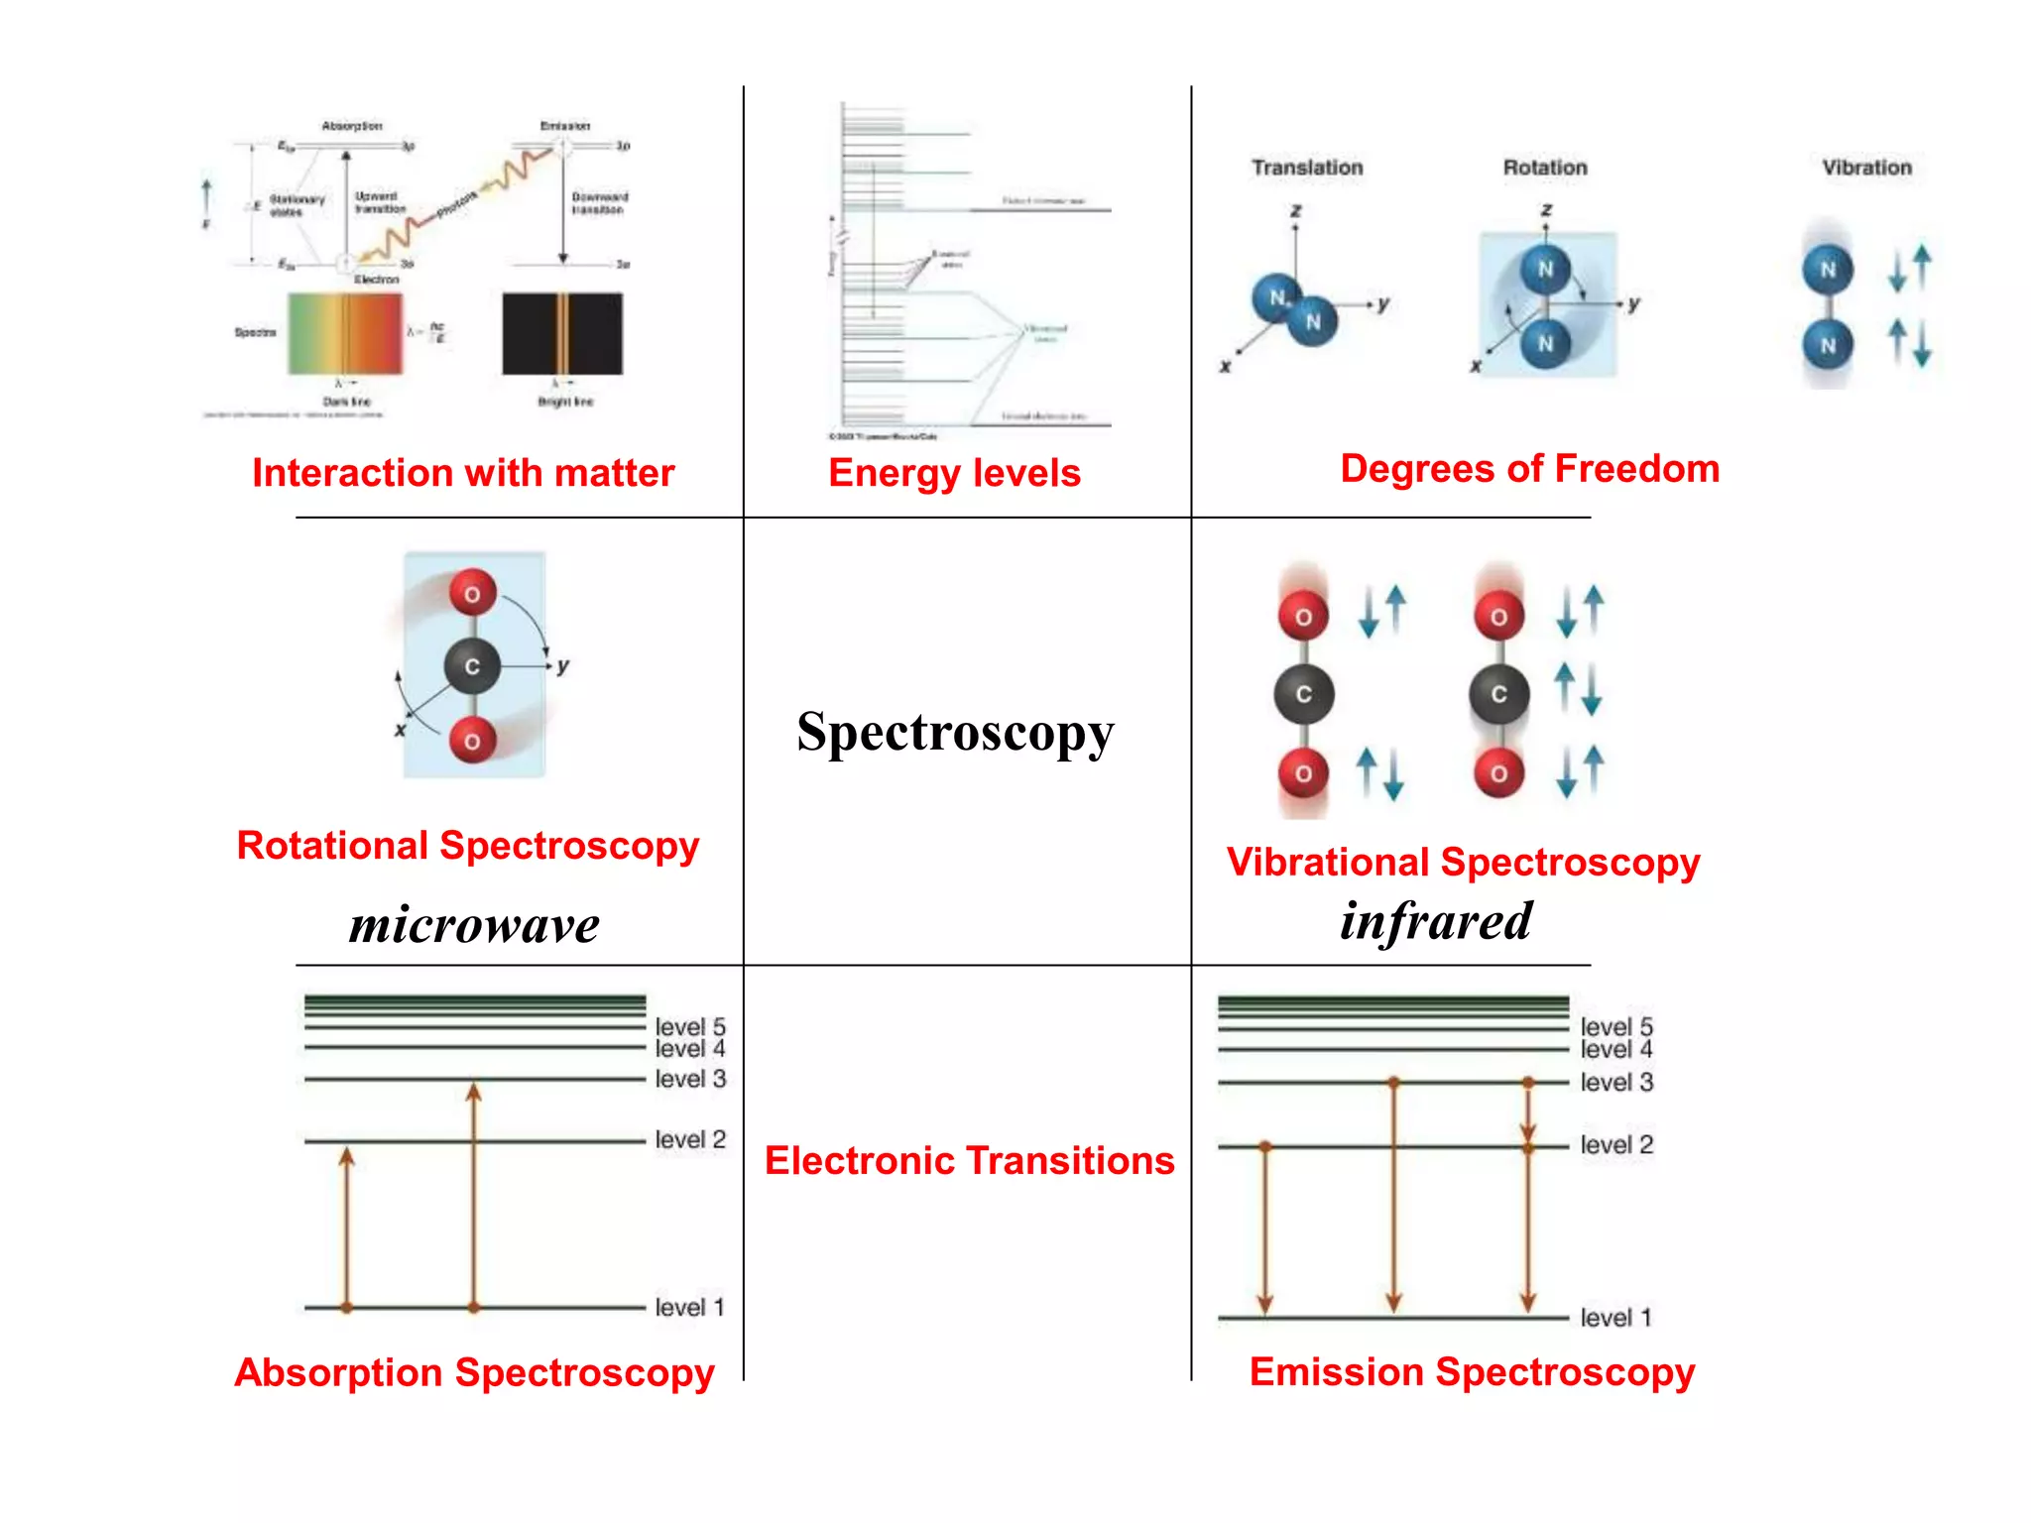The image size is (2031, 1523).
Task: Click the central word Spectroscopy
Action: pyautogui.click(x=954, y=733)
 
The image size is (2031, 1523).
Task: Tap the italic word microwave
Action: pyautogui.click(x=474, y=924)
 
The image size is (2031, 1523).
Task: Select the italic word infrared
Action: pyautogui.click(x=1435, y=921)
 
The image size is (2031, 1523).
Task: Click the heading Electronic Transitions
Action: pyautogui.click(x=969, y=1160)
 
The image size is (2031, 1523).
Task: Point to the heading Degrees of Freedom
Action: pyautogui.click(x=1528, y=468)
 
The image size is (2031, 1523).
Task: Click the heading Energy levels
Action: pyautogui.click(x=953, y=473)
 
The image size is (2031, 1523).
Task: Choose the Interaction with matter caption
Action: pyautogui.click(x=463, y=473)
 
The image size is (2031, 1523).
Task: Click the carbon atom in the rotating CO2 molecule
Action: pyautogui.click(x=472, y=666)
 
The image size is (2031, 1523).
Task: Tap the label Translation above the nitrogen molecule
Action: pyautogui.click(x=1306, y=168)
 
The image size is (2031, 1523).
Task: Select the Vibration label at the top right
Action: pyautogui.click(x=1865, y=168)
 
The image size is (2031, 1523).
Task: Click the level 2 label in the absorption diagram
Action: pyautogui.click(x=690, y=1139)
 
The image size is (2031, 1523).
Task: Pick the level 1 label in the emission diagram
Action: pyautogui.click(x=1615, y=1317)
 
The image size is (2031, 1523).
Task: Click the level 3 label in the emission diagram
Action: pyautogui.click(x=1615, y=1082)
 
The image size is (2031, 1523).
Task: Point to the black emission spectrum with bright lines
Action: pyautogui.click(x=562, y=333)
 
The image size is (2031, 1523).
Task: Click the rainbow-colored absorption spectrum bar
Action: pyautogui.click(x=345, y=333)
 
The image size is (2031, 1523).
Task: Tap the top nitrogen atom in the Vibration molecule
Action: pyautogui.click(x=1827, y=270)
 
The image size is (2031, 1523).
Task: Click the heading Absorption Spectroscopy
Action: pyautogui.click(x=474, y=1372)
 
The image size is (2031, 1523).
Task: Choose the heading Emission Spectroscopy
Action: pyautogui.click(x=1471, y=1371)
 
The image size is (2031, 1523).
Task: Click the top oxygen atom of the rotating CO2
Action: pyautogui.click(x=472, y=594)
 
